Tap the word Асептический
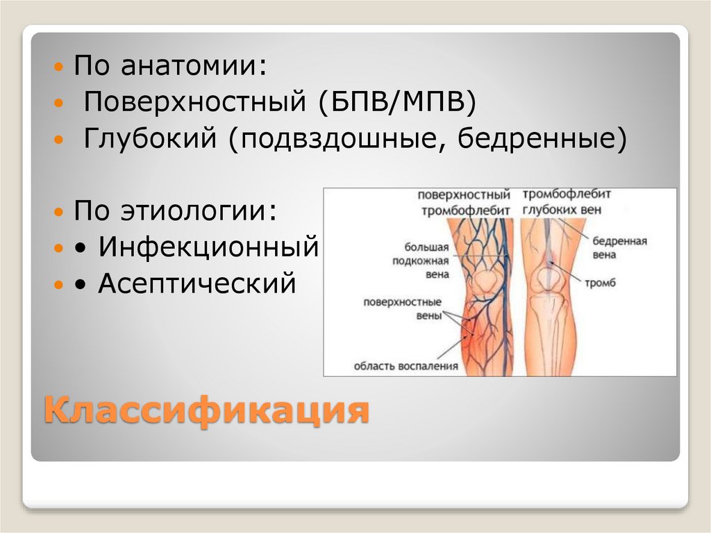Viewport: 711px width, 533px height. click(197, 283)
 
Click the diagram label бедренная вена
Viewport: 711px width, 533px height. click(619, 248)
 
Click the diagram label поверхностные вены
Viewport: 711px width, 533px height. click(403, 309)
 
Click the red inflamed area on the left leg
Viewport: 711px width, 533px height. click(473, 334)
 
